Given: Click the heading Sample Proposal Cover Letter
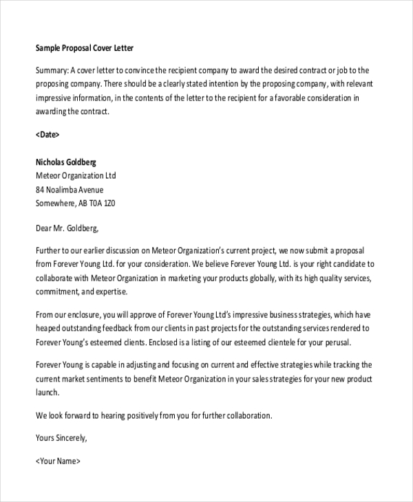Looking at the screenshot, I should (x=84, y=48).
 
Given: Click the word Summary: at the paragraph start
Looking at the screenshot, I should (x=52, y=70).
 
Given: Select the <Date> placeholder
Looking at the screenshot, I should (x=47, y=135).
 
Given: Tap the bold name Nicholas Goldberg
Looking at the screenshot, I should (x=66, y=162).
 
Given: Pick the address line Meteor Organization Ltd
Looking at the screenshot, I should (x=76, y=176).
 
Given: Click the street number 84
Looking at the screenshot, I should (x=40, y=190).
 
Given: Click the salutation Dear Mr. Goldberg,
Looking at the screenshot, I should (x=67, y=227).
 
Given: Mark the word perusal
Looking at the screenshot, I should (x=336, y=342).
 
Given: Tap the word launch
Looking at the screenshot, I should (x=47, y=392).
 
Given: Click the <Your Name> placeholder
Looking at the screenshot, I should (x=58, y=461).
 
